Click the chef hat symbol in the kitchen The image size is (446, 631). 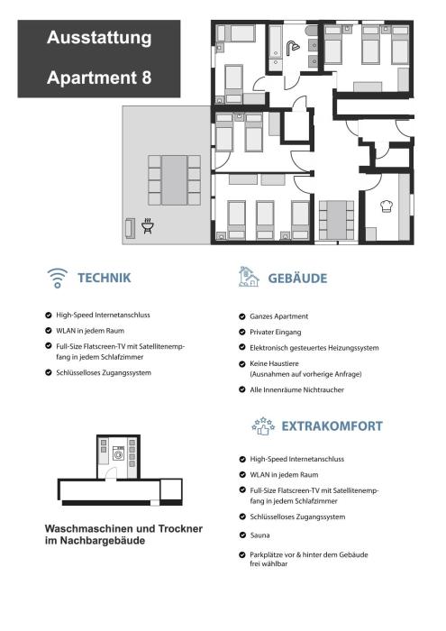[x=387, y=206]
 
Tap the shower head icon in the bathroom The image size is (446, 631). [x=292, y=48]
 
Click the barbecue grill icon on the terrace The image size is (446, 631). [x=148, y=225]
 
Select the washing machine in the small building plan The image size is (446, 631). [x=119, y=453]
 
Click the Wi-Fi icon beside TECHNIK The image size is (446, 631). [x=58, y=278]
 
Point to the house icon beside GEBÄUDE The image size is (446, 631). [x=249, y=277]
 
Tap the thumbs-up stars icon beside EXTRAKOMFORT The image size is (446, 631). [x=263, y=426]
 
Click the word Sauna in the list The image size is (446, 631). [x=259, y=535]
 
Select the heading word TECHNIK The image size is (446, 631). [x=105, y=278]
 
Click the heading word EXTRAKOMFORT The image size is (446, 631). [x=332, y=426]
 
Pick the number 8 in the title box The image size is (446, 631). [x=146, y=78]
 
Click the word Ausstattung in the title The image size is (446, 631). [x=99, y=38]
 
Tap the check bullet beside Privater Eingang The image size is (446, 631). [x=242, y=332]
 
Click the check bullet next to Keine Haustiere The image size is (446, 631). [x=242, y=364]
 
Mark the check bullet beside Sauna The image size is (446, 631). [x=242, y=535]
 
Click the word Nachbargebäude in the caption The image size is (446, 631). [x=103, y=541]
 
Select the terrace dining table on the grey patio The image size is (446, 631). [x=174, y=180]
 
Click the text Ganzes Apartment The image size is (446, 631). [x=279, y=316]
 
